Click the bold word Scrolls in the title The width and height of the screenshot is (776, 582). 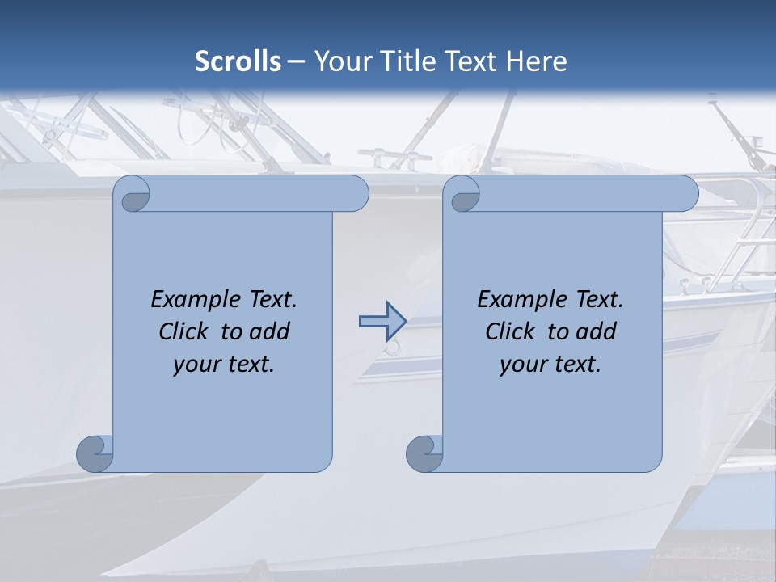(238, 61)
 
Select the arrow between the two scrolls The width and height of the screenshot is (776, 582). (382, 322)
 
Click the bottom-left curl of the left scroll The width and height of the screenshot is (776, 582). (94, 454)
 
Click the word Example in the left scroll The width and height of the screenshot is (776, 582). (192, 299)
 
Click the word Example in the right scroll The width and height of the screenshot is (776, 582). (518, 299)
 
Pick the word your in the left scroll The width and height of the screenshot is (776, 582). (196, 365)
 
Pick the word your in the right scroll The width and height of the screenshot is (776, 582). (523, 365)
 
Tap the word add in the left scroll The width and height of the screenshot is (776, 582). (269, 331)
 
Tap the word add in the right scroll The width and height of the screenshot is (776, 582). (596, 331)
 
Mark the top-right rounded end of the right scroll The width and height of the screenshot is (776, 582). (683, 193)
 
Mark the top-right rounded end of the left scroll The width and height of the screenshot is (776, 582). (353, 193)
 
